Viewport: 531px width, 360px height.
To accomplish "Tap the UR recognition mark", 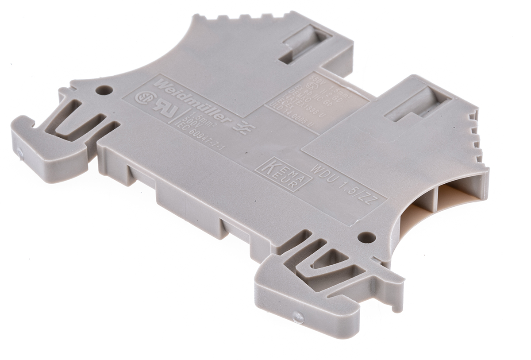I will click(161, 110).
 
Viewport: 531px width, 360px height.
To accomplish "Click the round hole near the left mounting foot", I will click(104, 90).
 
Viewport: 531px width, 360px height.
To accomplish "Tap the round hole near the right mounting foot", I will click(366, 237).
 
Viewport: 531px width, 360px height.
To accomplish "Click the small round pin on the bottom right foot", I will click(298, 317).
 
